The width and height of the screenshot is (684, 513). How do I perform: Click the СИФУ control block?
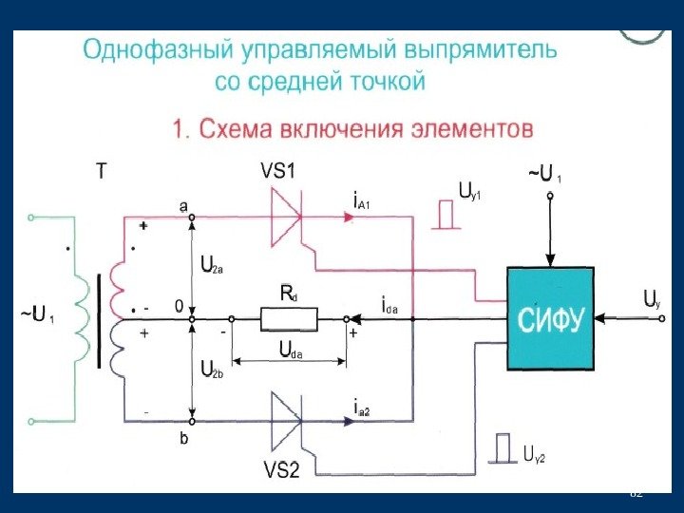pos(550,317)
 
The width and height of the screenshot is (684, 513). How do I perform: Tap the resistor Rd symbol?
pos(290,321)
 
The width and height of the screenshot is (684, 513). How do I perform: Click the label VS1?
pos(278,171)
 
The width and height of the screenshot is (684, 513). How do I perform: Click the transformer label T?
pos(103,173)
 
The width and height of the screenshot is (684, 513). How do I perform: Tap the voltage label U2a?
pos(212,267)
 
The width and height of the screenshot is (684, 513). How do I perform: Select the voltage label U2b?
pos(212,369)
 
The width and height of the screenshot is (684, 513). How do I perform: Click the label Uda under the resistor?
pos(290,351)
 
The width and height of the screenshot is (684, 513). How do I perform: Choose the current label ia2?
pos(361,409)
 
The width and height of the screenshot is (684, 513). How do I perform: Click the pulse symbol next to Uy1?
pos(445,215)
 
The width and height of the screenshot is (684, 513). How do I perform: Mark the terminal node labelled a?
pos(192,218)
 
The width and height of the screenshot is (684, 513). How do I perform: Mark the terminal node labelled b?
pos(192,421)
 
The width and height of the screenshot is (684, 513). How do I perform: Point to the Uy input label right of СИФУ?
pos(651,300)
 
